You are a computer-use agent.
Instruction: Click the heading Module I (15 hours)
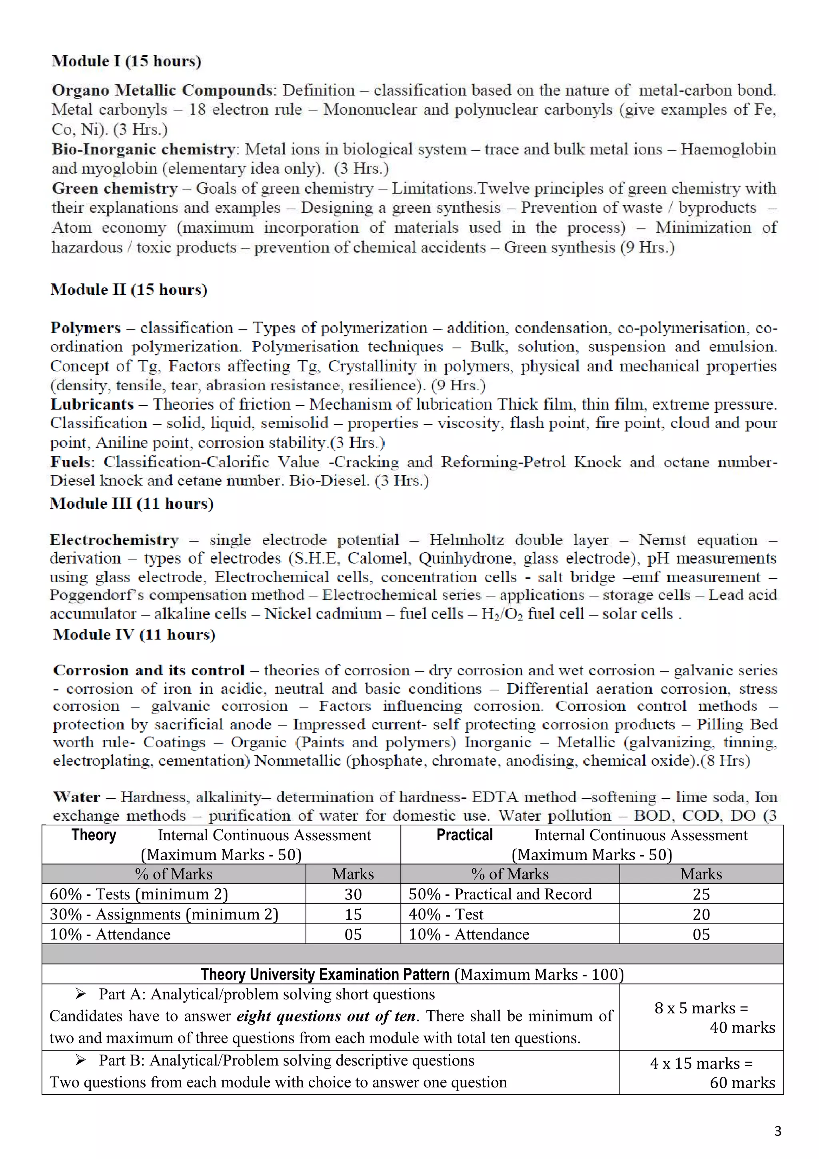pyautogui.click(x=126, y=61)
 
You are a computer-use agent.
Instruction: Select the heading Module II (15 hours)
pyautogui.click(x=129, y=289)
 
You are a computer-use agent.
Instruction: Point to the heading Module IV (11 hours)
pyautogui.click(x=134, y=635)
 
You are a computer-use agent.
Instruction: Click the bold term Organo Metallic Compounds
pyautogui.click(x=162, y=90)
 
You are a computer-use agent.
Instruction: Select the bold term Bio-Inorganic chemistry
pyautogui.click(x=143, y=150)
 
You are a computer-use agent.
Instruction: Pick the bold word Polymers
pyautogui.click(x=85, y=328)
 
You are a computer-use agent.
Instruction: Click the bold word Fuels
pyautogui.click(x=72, y=462)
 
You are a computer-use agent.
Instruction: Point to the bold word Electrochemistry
pyautogui.click(x=114, y=540)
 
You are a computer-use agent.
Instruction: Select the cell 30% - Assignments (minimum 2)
pyautogui.click(x=164, y=914)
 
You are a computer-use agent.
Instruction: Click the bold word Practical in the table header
pyautogui.click(x=464, y=835)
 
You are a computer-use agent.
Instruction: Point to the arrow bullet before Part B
pyautogui.click(x=80, y=1061)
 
